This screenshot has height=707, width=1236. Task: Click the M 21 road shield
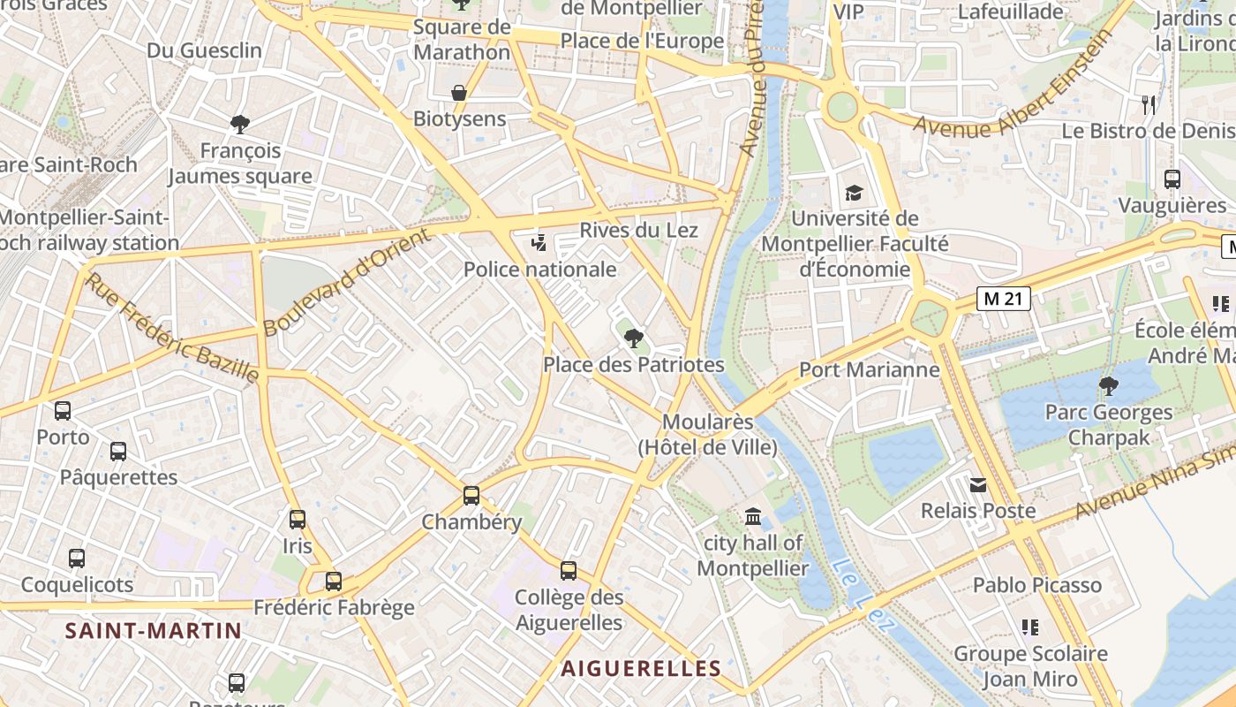click(x=1004, y=299)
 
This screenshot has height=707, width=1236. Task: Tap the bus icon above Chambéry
click(x=471, y=496)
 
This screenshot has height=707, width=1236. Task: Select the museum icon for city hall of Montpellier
click(x=753, y=516)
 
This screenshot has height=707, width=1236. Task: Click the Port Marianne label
click(x=869, y=369)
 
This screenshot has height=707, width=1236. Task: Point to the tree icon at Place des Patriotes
click(x=633, y=338)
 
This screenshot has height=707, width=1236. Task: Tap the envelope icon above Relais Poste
click(x=978, y=484)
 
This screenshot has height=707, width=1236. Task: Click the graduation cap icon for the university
click(x=854, y=193)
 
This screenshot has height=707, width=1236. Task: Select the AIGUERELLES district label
click(x=641, y=668)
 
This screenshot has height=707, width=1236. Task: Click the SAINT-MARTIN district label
click(x=153, y=630)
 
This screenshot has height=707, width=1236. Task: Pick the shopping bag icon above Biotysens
click(x=459, y=93)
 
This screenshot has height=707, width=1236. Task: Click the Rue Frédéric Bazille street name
click(x=174, y=328)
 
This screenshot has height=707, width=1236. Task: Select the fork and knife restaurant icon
click(x=1149, y=105)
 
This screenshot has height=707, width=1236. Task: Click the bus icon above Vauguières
click(x=1172, y=179)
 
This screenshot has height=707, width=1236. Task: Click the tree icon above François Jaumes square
click(x=239, y=124)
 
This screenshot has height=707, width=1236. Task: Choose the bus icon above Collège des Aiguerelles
click(x=569, y=571)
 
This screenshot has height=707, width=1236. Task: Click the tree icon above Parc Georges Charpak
click(x=1108, y=386)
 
